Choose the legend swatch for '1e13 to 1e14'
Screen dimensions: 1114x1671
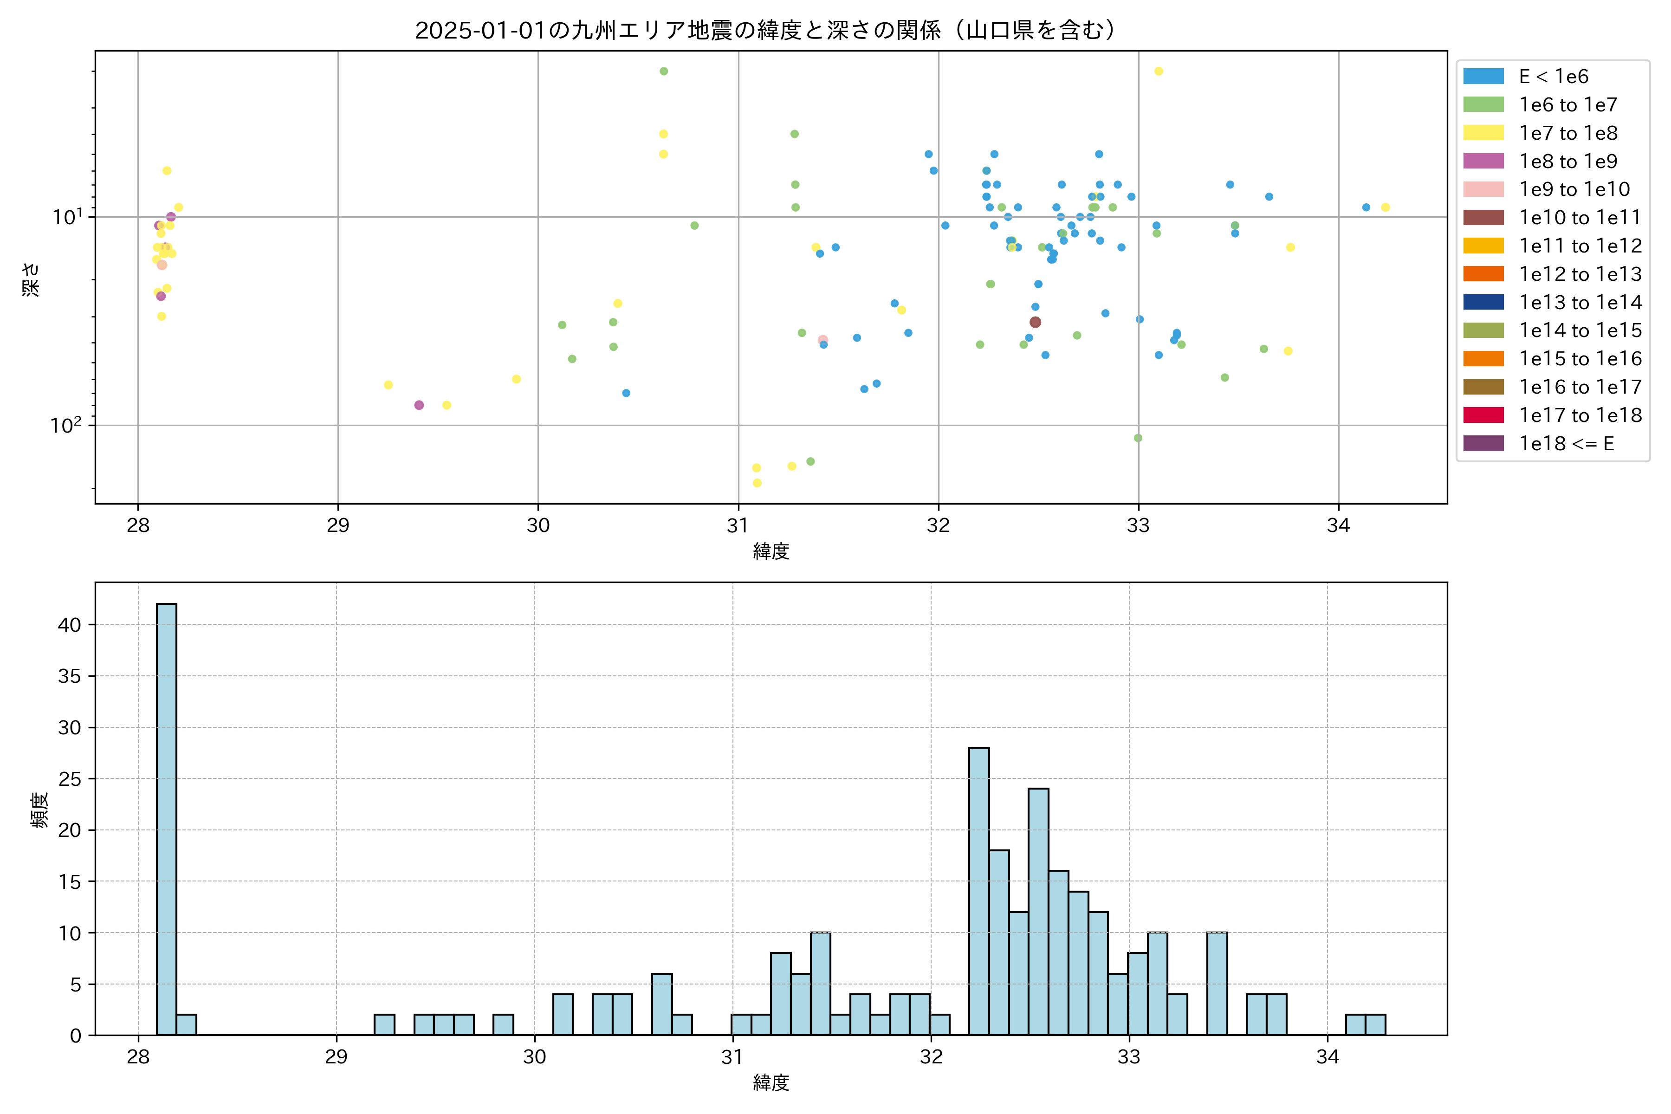point(1483,302)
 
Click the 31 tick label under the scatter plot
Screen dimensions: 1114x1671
point(738,526)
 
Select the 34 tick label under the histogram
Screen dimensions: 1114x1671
point(1327,1057)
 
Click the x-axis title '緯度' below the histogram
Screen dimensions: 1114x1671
point(771,1083)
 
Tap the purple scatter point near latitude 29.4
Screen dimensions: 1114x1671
point(419,405)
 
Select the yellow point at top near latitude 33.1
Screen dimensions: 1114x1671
point(1159,71)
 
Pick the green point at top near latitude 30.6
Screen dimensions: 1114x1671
point(664,71)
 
